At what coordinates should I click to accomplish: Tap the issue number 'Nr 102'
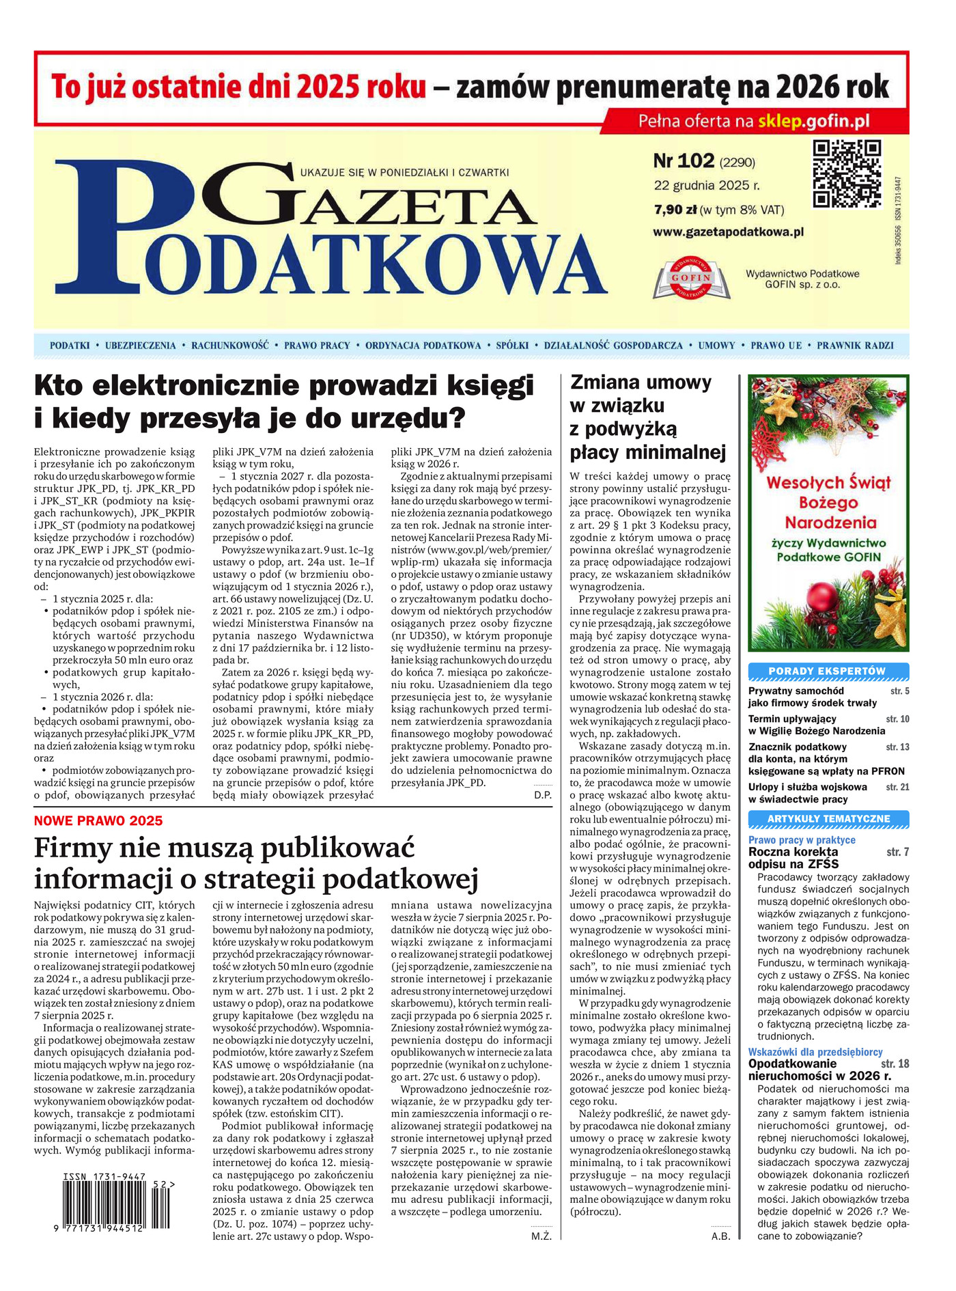pos(684,161)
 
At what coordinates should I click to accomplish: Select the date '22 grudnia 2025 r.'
pos(707,185)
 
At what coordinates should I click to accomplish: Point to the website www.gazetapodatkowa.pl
pos(728,232)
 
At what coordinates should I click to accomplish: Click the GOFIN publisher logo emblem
pos(691,278)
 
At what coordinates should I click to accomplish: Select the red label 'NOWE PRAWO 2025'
pos(98,821)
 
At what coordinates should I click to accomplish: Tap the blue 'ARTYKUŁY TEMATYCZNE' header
pos(828,819)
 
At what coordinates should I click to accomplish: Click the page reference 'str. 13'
pos(897,747)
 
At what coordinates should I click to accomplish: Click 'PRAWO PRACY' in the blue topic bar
pos(317,346)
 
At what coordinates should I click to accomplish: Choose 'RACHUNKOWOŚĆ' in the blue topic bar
pos(230,346)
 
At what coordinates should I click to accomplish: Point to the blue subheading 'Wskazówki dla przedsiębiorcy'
pos(815,1053)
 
